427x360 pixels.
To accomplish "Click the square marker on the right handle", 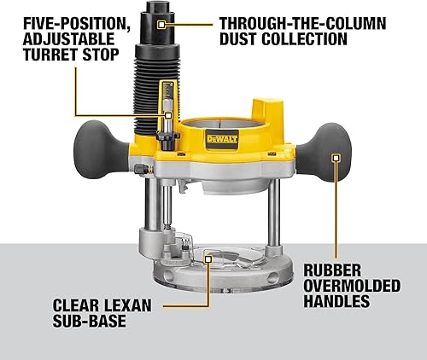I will (336, 158).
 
